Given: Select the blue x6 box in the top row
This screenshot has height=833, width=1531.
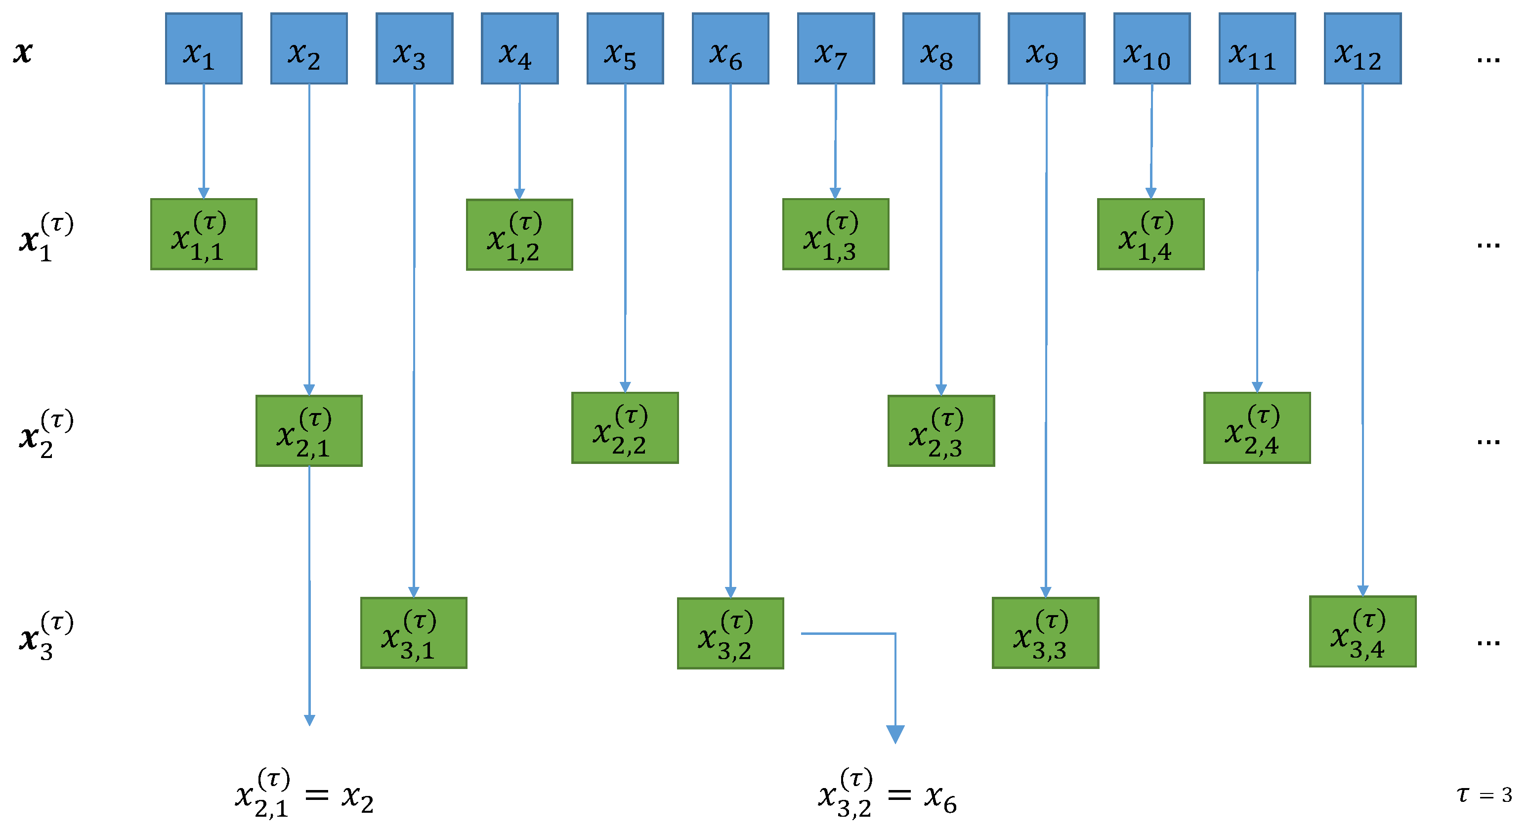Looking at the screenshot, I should click(x=730, y=49).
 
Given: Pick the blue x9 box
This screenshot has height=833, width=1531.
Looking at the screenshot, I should click(x=1046, y=49).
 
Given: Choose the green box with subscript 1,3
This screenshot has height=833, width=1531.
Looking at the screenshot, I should click(x=835, y=235).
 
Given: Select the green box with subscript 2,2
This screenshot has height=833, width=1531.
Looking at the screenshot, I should click(x=625, y=428).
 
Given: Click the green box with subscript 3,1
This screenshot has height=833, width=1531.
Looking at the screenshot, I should click(x=414, y=633).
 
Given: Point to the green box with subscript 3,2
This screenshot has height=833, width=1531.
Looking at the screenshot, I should click(x=730, y=633).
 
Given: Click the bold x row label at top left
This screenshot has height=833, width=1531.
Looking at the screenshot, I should click(x=23, y=52).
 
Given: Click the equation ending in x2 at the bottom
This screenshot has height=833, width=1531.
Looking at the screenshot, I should click(x=304, y=794).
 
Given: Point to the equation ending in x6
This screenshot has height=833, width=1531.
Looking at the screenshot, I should click(x=887, y=794).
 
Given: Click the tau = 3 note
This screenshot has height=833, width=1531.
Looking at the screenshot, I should click(x=1484, y=795).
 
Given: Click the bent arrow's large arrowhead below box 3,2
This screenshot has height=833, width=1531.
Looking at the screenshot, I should click(x=895, y=734).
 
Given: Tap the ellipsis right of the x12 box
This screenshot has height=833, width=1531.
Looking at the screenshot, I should click(x=1488, y=59).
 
